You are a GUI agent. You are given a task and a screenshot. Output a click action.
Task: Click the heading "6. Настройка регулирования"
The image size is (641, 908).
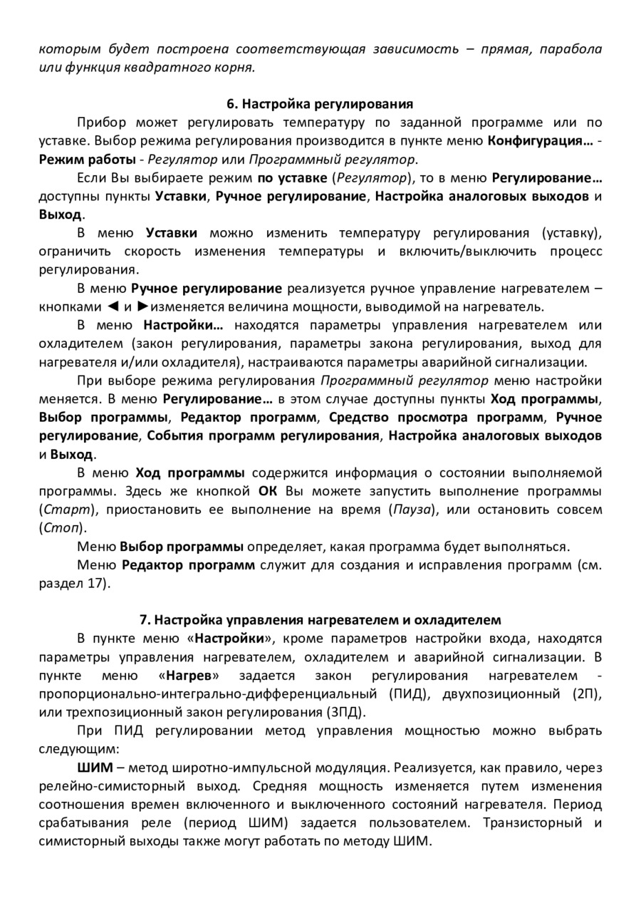tap(320, 103)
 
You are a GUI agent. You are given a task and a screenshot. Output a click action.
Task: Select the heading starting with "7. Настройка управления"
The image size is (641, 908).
tap(320, 619)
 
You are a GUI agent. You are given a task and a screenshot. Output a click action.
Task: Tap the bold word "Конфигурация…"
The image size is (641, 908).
tap(540, 140)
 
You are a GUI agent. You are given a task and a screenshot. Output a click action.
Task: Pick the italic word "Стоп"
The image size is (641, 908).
tap(62, 529)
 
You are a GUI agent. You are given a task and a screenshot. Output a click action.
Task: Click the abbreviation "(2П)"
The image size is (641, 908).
tap(586, 693)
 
